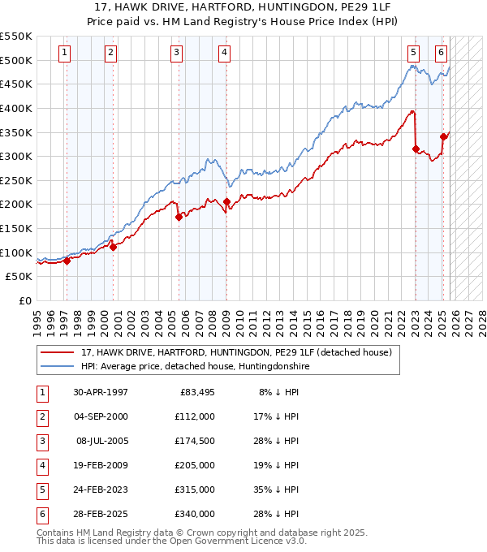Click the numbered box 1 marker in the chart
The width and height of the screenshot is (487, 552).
[x=64, y=53]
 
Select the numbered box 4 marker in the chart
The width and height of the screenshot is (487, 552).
[x=224, y=53]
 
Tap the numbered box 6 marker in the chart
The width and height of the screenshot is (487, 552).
[x=441, y=53]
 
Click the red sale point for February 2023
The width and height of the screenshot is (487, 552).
[x=416, y=149]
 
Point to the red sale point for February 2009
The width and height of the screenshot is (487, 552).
[x=226, y=201]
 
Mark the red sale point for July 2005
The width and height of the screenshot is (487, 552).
[x=178, y=216]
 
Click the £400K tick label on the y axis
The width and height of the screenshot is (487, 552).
[x=16, y=108]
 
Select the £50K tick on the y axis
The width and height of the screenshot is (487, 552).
[x=19, y=277]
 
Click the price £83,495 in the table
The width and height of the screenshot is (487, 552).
[x=195, y=392]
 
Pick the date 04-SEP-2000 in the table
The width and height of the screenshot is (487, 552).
[x=100, y=416]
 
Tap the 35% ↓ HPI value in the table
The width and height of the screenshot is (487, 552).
[x=279, y=489]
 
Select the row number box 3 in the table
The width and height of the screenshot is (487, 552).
[x=41, y=441]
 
